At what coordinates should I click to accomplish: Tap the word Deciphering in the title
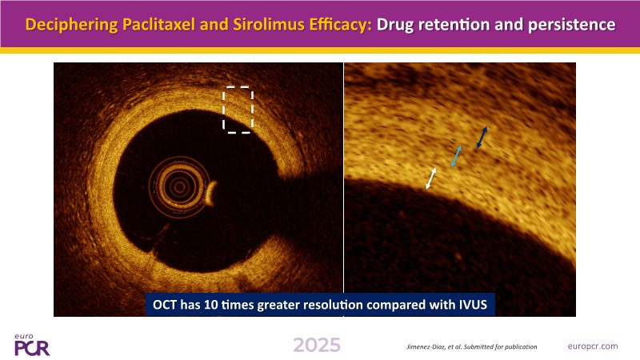(x=71, y=26)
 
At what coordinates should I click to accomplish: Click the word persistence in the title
(x=571, y=25)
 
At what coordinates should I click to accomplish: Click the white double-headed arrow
(x=430, y=178)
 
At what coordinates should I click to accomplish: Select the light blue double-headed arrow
(x=456, y=156)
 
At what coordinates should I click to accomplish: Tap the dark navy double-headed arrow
(x=482, y=138)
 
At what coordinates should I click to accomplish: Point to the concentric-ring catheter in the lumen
(x=179, y=186)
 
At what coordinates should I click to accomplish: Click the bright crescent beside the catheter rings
(x=211, y=194)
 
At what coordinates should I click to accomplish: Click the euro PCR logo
(x=32, y=345)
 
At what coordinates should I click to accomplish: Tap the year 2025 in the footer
(x=317, y=346)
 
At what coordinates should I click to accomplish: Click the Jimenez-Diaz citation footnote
(x=472, y=347)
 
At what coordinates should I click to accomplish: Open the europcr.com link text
(x=593, y=346)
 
